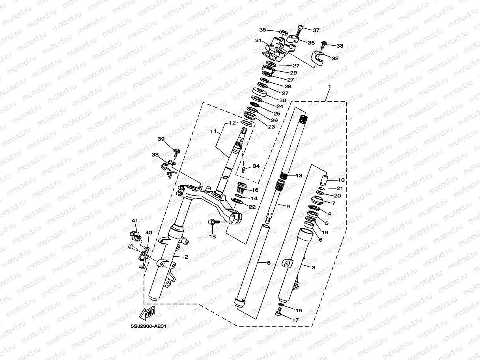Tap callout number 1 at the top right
click(x=330, y=86)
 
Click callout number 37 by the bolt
click(x=316, y=30)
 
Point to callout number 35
click(x=263, y=30)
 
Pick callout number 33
click(x=340, y=46)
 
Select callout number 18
click(x=213, y=237)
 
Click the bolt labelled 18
click(x=212, y=223)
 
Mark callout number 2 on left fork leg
click(x=186, y=257)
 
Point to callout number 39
click(x=161, y=139)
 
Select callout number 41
click(x=134, y=220)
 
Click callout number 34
click(x=256, y=166)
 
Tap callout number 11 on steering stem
click(x=213, y=131)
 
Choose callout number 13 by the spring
click(x=299, y=175)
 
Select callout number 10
click(x=341, y=180)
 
